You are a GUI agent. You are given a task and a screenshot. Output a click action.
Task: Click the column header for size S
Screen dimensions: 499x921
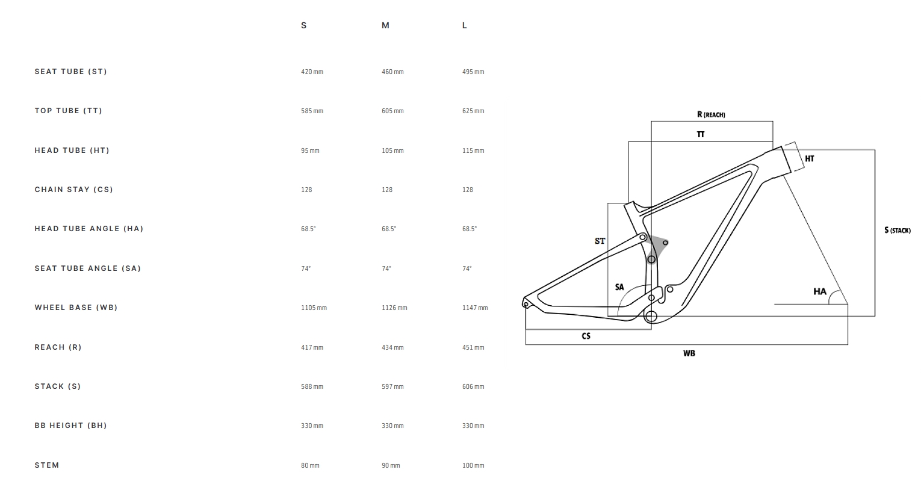click(x=304, y=25)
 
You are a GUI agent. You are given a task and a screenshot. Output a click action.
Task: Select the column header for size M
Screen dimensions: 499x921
click(x=385, y=25)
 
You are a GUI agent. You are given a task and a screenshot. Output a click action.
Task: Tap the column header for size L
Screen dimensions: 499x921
click(x=465, y=25)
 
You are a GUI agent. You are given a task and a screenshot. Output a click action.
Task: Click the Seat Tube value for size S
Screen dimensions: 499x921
click(x=312, y=72)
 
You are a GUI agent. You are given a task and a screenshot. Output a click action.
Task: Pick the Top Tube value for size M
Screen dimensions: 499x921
click(x=392, y=111)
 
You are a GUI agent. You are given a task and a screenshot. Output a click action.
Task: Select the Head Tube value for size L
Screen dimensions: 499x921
click(x=473, y=150)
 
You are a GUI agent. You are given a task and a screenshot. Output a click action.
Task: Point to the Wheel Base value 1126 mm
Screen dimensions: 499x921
click(x=394, y=308)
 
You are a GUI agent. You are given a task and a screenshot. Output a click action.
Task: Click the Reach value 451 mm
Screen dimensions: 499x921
click(x=473, y=347)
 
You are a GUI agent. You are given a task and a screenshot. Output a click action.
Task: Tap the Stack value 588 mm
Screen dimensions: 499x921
click(x=312, y=386)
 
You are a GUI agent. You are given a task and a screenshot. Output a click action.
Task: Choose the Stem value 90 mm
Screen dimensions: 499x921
click(x=391, y=465)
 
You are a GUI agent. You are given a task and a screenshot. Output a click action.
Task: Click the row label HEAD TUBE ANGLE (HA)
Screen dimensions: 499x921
click(x=89, y=229)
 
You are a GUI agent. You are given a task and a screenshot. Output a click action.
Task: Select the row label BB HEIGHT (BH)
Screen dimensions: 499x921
click(x=70, y=426)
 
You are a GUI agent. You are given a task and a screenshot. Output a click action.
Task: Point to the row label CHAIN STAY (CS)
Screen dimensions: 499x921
click(x=73, y=190)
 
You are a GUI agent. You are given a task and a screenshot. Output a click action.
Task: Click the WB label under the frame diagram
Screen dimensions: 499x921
click(x=689, y=353)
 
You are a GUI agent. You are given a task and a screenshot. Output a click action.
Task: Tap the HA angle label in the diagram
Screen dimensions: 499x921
click(x=820, y=291)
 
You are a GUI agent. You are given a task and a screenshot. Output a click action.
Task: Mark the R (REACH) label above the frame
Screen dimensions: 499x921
click(x=711, y=114)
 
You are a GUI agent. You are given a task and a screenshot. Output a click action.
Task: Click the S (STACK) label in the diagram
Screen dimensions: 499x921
click(x=897, y=230)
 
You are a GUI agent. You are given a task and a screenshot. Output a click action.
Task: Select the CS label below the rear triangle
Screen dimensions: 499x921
click(x=586, y=336)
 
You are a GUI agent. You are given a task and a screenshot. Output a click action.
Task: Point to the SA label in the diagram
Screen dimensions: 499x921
click(x=619, y=287)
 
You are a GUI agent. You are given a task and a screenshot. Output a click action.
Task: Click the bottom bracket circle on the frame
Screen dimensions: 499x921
click(x=651, y=316)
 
